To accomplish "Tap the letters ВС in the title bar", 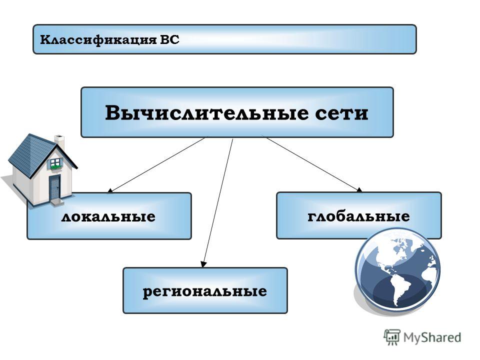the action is click(x=169, y=40).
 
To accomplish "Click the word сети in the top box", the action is click(x=341, y=114).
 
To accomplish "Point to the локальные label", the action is click(x=108, y=216).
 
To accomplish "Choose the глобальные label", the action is click(x=359, y=216).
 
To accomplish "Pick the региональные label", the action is click(x=205, y=291).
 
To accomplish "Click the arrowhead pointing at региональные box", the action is click(x=203, y=264).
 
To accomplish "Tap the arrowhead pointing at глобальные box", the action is click(x=359, y=190).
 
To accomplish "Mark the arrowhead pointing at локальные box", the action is click(x=110, y=190).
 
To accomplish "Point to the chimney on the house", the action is click(x=59, y=141).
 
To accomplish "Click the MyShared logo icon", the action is click(x=392, y=337).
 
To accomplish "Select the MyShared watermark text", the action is click(x=432, y=337).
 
